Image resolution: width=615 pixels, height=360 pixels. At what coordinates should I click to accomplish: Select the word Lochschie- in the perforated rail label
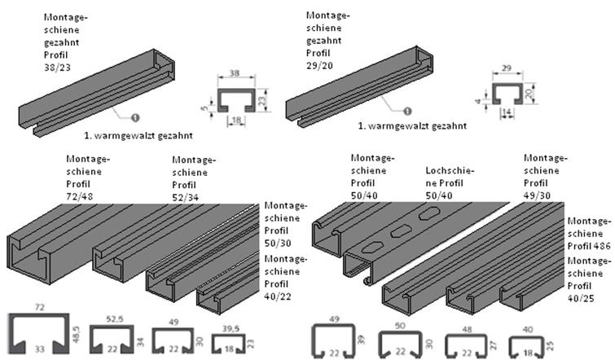[450, 170]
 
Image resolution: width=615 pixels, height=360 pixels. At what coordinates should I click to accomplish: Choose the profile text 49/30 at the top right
[538, 195]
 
